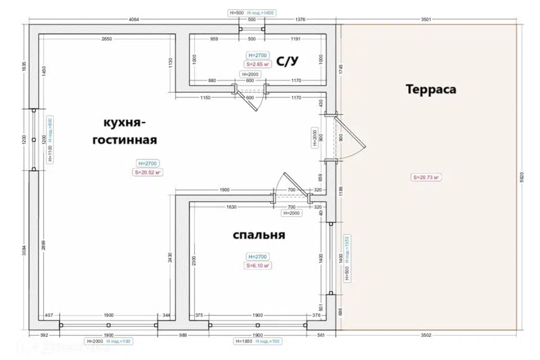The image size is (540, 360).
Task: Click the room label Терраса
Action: (x=430, y=89)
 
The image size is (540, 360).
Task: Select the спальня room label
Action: (x=259, y=235)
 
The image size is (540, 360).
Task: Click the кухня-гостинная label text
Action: (x=124, y=130)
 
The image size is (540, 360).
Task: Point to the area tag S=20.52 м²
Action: (x=148, y=173)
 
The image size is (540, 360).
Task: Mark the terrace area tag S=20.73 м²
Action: (x=426, y=177)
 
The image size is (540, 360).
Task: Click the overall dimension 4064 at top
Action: (x=134, y=20)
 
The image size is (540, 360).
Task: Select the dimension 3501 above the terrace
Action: (x=425, y=20)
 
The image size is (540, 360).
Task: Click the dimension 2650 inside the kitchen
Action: (x=107, y=39)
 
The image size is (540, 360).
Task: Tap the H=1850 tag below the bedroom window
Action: (x=243, y=341)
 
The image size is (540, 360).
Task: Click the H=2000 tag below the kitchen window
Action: (x=94, y=341)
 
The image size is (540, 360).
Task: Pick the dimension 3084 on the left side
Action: (x=23, y=249)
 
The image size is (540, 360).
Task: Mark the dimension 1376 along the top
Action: (x=300, y=20)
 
